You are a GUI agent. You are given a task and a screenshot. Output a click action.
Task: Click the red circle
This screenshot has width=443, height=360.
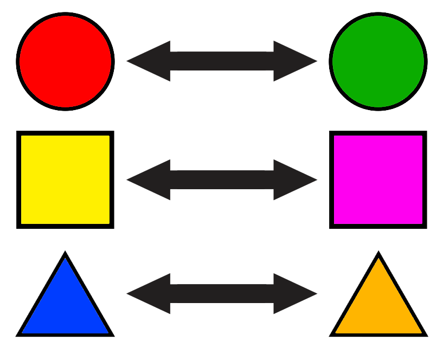(65, 61)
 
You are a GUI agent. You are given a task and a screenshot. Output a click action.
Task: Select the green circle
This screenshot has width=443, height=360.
(378, 61)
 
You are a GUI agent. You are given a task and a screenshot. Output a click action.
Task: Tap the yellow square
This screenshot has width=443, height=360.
(65, 179)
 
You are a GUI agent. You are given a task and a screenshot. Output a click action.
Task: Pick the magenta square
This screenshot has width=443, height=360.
(378, 179)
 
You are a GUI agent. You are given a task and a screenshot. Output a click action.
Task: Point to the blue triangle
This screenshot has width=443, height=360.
(65, 306)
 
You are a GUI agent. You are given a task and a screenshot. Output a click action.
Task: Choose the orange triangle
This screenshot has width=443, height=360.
(378, 306)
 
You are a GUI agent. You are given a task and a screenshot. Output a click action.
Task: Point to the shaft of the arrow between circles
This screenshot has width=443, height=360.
(222, 61)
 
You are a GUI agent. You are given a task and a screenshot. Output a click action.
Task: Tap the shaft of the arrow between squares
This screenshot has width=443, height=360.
(222, 179)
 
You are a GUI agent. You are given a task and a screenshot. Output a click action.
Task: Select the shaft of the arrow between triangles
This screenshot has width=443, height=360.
(222, 294)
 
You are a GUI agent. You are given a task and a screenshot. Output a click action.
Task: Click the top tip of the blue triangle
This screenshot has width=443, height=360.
(65, 260)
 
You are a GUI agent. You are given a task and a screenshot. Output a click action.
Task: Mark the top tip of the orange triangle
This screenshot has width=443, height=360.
(378, 260)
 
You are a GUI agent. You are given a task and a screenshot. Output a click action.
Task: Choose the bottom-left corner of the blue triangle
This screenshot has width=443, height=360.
(24, 331)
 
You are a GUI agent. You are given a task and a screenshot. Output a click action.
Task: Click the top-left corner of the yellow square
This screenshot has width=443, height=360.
(23, 137)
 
